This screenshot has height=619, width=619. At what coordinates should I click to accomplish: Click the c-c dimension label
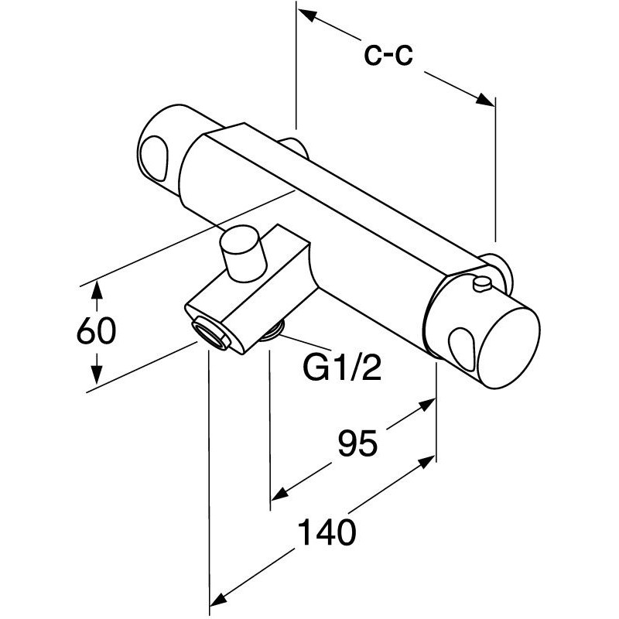click(388, 54)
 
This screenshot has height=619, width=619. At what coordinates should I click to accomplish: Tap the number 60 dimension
click(96, 330)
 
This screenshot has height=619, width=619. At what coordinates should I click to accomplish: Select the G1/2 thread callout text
click(342, 367)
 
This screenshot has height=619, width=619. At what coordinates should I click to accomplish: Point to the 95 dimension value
click(357, 443)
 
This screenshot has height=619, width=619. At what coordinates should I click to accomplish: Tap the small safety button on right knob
click(482, 284)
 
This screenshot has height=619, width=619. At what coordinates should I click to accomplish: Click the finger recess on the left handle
click(155, 158)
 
